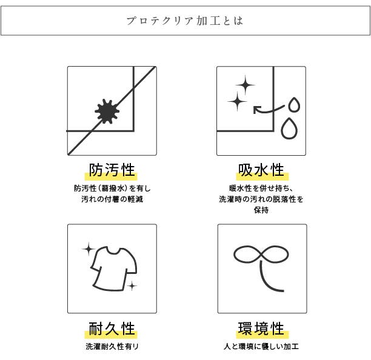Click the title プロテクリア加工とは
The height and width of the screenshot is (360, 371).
point(185,21)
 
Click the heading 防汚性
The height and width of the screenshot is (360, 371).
point(112,170)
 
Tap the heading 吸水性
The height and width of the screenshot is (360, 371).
point(261,170)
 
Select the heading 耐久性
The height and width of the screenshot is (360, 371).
point(112,328)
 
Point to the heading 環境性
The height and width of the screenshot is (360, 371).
point(261,328)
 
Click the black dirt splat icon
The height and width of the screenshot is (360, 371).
point(107,112)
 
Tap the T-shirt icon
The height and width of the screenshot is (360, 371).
point(114,268)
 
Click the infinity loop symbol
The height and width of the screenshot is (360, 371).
point(261,255)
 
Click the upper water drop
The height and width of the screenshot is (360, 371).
point(294,105)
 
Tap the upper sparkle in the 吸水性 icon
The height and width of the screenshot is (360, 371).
point(246,85)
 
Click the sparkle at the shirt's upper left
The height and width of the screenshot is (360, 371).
point(89,249)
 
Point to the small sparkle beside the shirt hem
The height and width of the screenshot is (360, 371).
point(132,286)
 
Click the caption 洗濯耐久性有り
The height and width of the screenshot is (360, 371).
point(112,347)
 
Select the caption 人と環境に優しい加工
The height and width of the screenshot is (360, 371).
point(261,347)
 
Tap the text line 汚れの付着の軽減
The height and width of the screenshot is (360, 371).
point(112,199)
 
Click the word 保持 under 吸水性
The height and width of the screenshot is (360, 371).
point(261,210)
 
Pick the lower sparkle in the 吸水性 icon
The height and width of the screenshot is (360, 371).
point(237,101)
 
